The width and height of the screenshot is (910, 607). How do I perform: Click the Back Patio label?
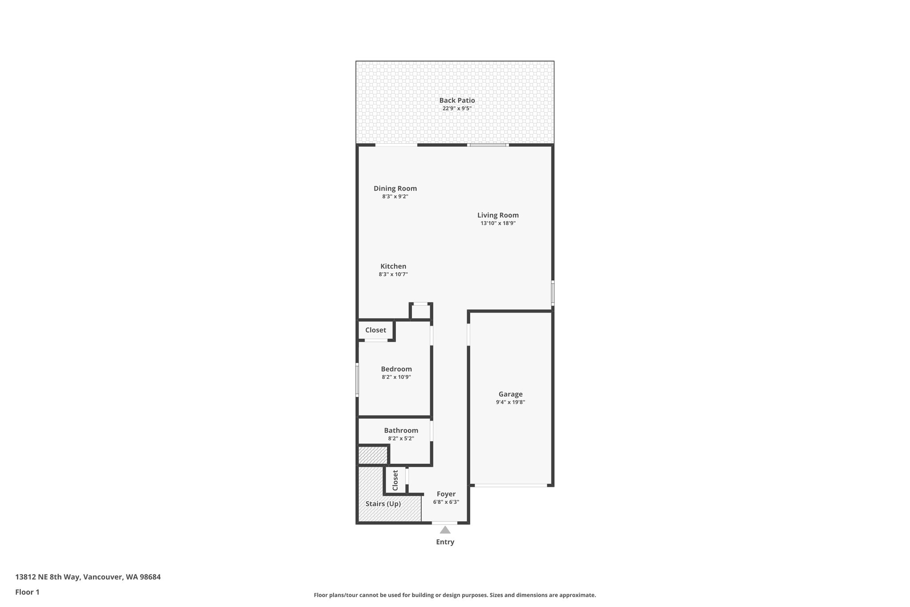tap(457, 100)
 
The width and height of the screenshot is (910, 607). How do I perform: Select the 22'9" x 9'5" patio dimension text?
tap(457, 109)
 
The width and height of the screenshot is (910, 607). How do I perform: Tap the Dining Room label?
tap(395, 189)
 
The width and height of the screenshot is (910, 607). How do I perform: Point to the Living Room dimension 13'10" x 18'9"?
tap(498, 223)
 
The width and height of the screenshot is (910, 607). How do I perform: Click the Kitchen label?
tap(393, 266)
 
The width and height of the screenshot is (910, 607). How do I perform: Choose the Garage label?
tap(510, 394)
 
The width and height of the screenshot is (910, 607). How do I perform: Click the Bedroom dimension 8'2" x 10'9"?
tap(396, 377)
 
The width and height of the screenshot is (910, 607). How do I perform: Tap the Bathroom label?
tap(401, 430)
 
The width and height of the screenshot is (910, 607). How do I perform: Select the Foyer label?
tap(446, 494)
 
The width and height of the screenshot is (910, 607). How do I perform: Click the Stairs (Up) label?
tap(383, 504)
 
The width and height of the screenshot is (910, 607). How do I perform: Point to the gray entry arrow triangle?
tap(445, 530)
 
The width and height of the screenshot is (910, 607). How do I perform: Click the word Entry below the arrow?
tap(445, 542)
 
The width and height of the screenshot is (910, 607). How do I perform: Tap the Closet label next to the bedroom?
tap(375, 330)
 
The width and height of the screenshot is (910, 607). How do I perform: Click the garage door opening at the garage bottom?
tap(511, 485)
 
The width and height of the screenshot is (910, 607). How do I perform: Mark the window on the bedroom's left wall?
tap(357, 380)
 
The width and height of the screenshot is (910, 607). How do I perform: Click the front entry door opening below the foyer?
tap(444, 523)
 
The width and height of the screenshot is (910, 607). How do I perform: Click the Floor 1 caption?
tap(27, 592)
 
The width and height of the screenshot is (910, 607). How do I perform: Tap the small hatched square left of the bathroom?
tap(373, 455)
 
